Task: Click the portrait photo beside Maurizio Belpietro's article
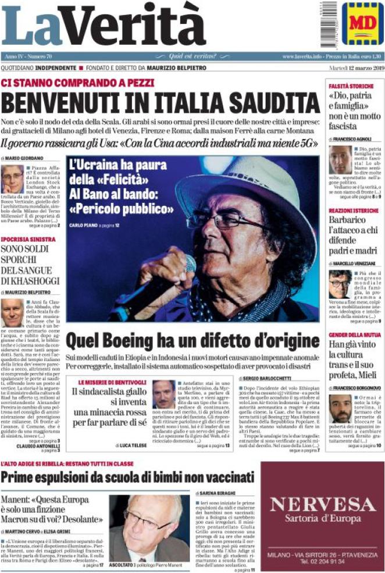pyautogui.click(x=12, y=312)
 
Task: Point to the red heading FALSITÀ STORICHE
pyautogui.click(x=351, y=86)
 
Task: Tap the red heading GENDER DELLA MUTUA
pyautogui.click(x=355, y=336)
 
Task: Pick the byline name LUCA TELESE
pyautogui.click(x=136, y=446)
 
